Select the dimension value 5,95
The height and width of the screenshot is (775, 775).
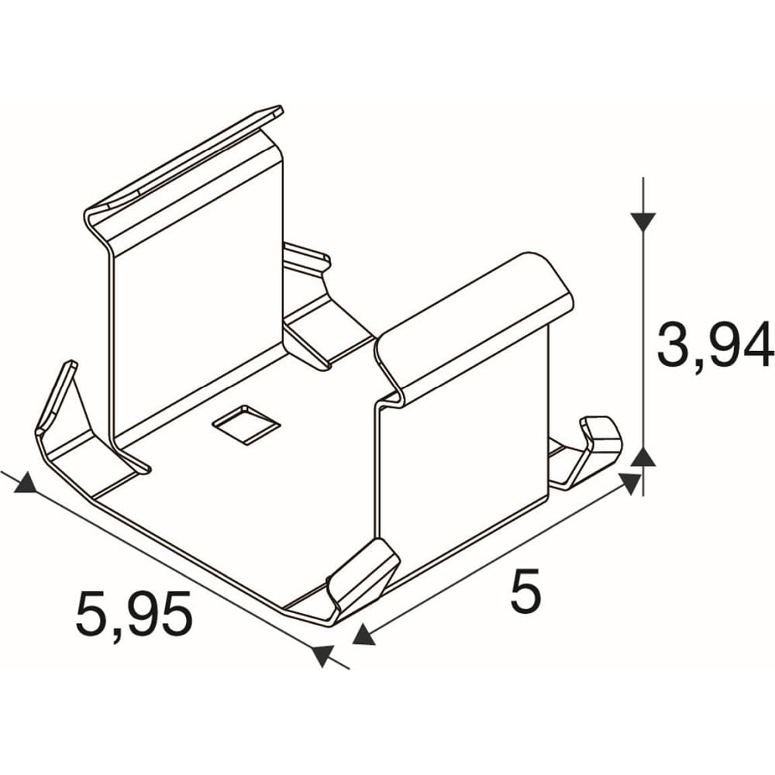pyautogui.click(x=133, y=613)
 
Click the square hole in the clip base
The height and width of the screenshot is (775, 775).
pyautogui.click(x=246, y=425)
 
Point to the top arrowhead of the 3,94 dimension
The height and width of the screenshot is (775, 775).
pyautogui.click(x=642, y=222)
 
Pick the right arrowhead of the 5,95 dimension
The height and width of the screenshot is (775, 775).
pyautogui.click(x=322, y=656)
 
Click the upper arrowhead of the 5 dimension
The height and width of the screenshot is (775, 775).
pyautogui.click(x=629, y=483)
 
